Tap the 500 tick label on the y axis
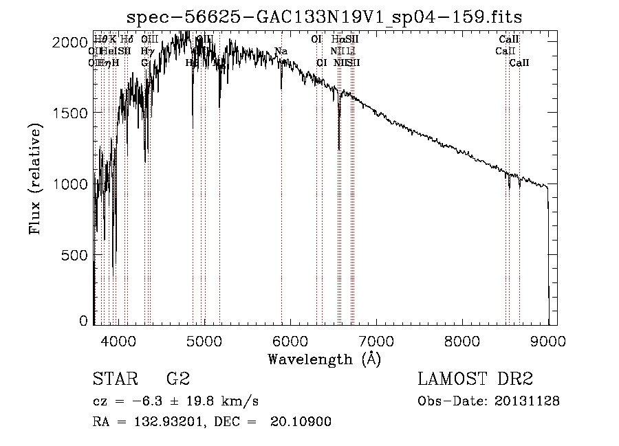(78, 255)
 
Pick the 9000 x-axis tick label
(548, 340)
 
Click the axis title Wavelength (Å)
(324, 359)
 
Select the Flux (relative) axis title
(35, 179)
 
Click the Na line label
(281, 52)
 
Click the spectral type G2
(177, 379)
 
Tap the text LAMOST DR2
(475, 379)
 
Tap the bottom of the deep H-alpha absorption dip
(338, 148)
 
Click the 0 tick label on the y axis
(83, 321)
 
